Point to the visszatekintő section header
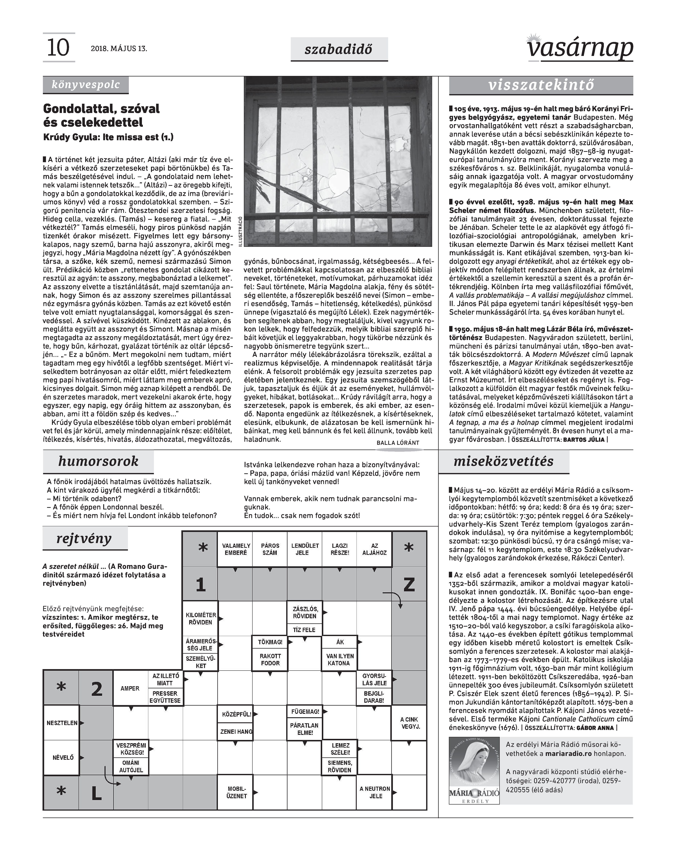541,85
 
